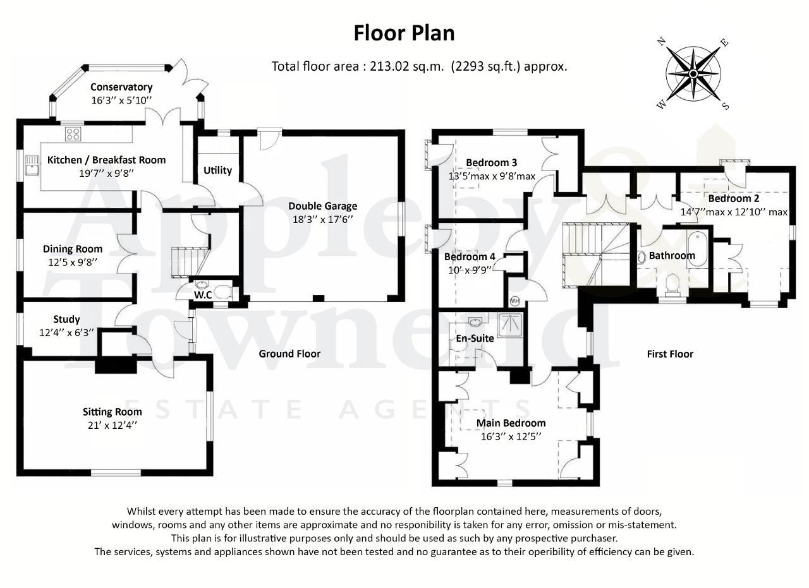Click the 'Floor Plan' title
point(404,33)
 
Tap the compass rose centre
point(693,74)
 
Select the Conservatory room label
point(121,87)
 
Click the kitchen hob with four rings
point(73,135)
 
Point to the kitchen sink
point(32,165)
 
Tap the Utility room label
point(217,171)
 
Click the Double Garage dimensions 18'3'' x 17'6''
point(322,219)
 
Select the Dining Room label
point(73,249)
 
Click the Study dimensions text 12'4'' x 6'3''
point(66,332)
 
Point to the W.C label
point(203,295)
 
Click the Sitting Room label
point(112,412)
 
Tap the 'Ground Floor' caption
point(289,354)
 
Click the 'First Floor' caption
point(670,354)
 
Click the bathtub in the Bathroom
point(696,249)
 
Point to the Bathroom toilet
point(672,284)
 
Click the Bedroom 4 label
point(470,256)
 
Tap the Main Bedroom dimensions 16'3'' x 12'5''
point(511,437)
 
